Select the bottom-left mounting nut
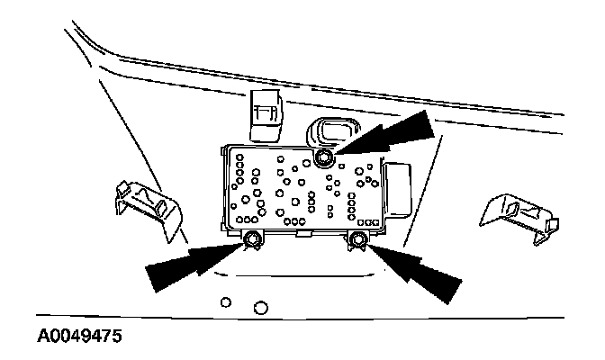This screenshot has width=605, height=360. pyautogui.click(x=253, y=238)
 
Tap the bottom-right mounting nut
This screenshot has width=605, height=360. pyautogui.click(x=357, y=239)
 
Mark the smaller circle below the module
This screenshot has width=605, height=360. pyautogui.click(x=227, y=301)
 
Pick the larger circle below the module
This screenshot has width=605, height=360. pyautogui.click(x=261, y=308)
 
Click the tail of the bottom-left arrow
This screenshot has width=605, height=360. pyautogui.click(x=158, y=279)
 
